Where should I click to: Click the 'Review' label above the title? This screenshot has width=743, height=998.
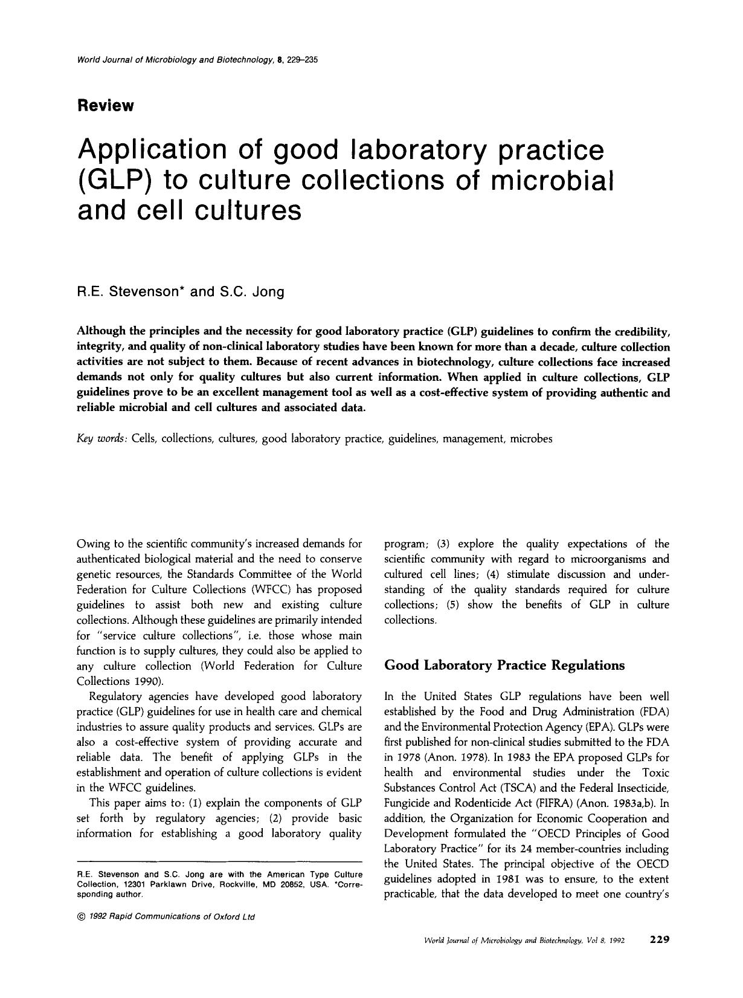click(106, 106)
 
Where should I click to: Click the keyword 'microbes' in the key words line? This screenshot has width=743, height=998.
click(531, 439)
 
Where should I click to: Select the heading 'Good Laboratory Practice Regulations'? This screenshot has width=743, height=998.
click(504, 666)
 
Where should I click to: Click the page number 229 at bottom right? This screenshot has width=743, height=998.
click(659, 939)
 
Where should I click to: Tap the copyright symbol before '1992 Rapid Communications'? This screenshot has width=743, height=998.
click(81, 917)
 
